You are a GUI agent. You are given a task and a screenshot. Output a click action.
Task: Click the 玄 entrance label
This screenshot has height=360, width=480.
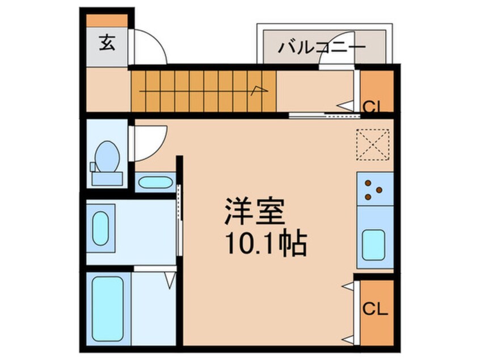107,43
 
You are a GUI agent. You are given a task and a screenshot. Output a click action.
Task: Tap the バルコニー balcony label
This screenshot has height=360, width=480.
321,48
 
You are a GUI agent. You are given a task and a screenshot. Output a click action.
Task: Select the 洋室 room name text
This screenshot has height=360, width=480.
254,212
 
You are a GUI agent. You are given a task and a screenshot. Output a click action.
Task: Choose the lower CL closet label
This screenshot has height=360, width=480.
374,309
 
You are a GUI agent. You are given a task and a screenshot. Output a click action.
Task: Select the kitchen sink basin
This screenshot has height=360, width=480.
374,243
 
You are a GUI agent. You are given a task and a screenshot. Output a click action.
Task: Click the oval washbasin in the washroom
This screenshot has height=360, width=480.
101,228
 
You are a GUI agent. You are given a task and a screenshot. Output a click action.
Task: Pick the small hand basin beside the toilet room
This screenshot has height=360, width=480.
155,183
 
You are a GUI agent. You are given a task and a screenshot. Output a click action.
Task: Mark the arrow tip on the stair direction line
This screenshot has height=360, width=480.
262,87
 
